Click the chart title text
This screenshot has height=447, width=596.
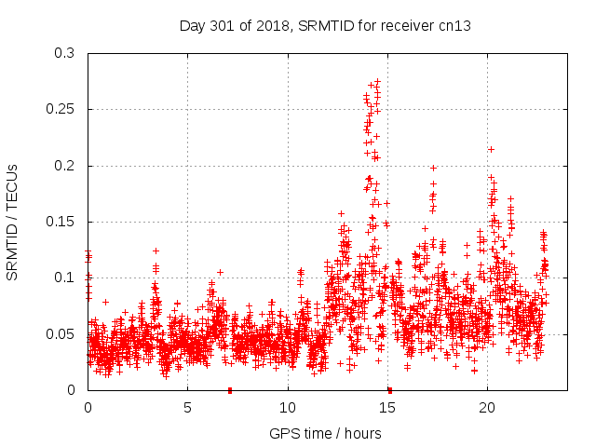click(325, 25)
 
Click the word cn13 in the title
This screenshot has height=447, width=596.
click(455, 25)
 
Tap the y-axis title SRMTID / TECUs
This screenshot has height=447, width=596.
click(13, 222)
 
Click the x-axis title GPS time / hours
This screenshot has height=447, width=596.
click(325, 433)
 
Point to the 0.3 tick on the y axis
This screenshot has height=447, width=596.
click(64, 54)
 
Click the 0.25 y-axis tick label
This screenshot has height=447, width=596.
click(61, 110)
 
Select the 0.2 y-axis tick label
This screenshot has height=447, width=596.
click(64, 166)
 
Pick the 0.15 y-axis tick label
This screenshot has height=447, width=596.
click(61, 223)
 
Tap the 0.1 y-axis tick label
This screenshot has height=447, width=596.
click(64, 278)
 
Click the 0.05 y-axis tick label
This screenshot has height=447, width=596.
click(61, 334)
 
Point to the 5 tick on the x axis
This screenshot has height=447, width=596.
click(187, 408)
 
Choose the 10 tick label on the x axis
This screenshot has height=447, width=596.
click(287, 408)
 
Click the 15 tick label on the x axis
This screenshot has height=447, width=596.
click(386, 408)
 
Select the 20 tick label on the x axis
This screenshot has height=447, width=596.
click(486, 408)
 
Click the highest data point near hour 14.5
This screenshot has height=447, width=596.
click(377, 81)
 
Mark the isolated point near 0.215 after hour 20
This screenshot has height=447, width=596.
click(491, 149)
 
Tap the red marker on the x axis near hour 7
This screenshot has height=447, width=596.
click(230, 390)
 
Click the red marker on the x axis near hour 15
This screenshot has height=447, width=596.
click(389, 390)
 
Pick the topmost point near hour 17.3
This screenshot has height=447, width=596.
click(433, 169)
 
